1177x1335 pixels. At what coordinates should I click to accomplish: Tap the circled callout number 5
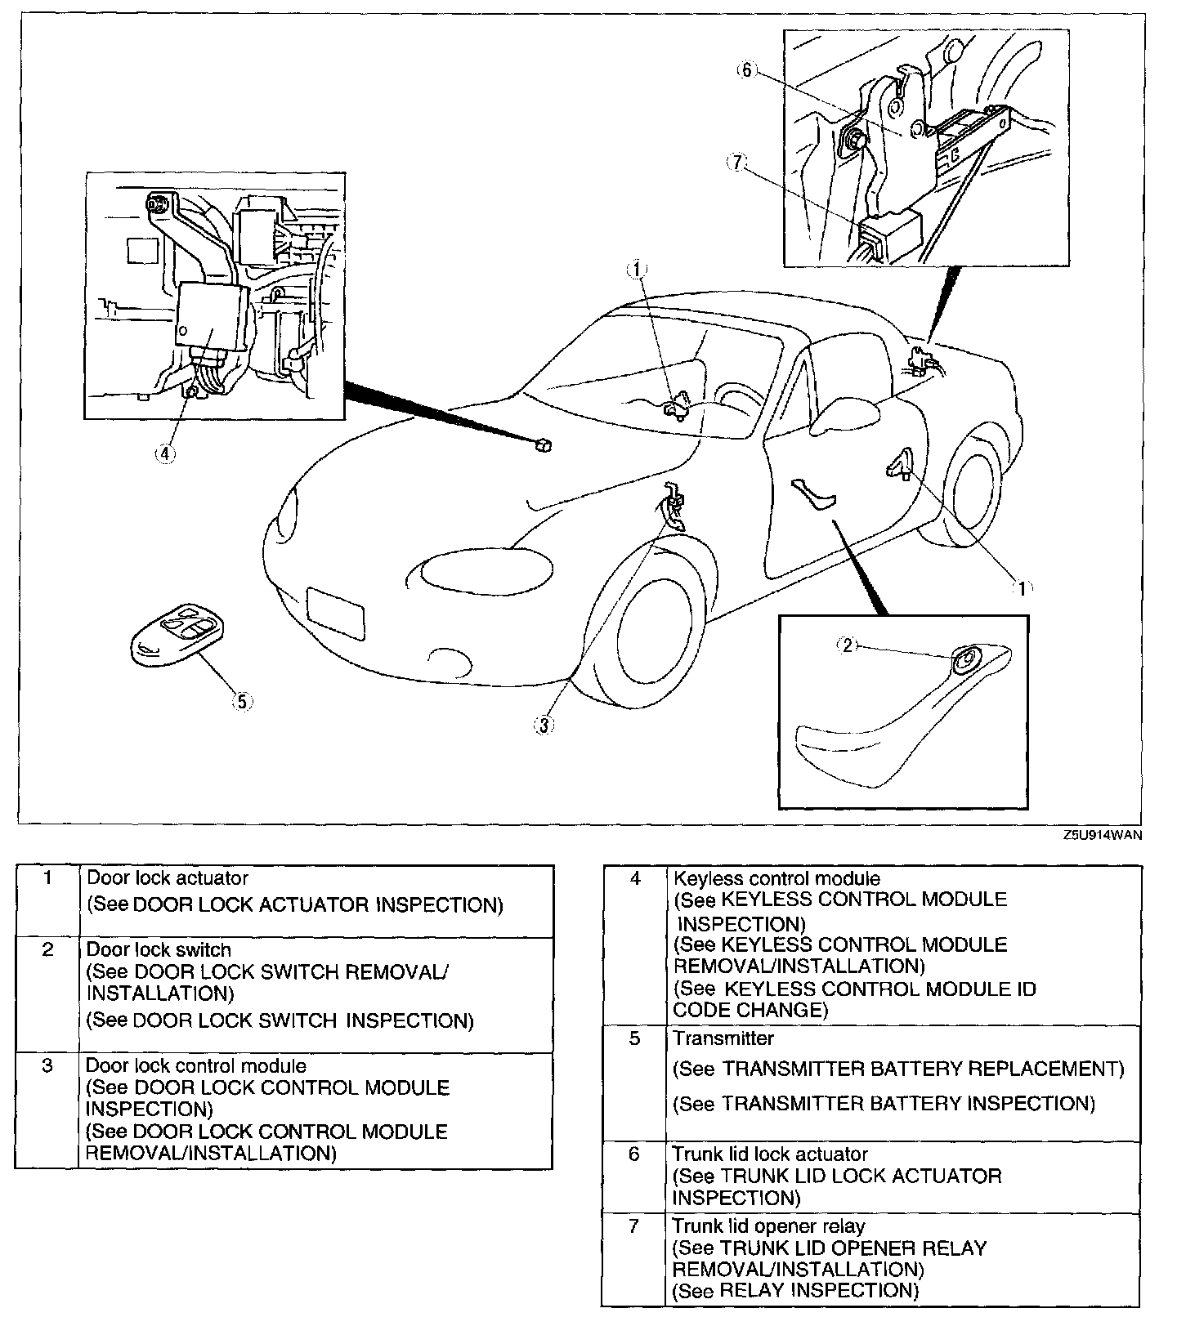[242, 700]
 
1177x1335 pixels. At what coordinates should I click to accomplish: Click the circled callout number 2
[848, 645]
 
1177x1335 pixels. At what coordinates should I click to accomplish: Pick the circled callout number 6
[746, 70]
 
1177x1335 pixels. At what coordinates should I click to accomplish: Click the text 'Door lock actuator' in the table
[168, 878]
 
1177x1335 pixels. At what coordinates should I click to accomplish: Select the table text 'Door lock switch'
[159, 950]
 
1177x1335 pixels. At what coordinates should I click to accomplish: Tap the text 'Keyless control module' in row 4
[776, 879]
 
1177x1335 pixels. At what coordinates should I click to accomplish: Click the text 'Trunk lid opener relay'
[768, 1226]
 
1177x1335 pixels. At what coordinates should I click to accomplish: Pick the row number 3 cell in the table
[47, 1066]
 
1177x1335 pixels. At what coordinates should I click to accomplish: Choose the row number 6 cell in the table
[633, 1154]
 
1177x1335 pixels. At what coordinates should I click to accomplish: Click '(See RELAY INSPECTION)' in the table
[794, 1291]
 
